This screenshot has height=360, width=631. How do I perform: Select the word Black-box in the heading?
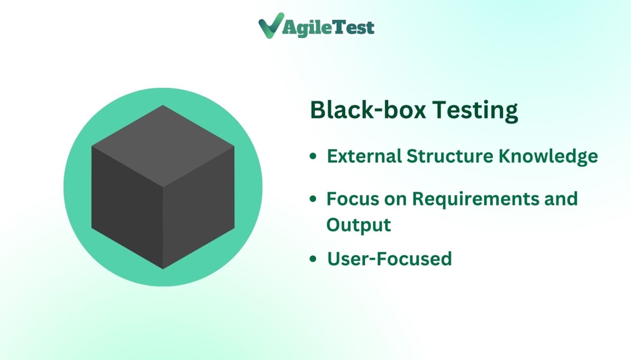(x=368, y=110)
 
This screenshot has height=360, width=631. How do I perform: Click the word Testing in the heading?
(x=475, y=112)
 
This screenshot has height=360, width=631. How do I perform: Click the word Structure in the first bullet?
(x=450, y=156)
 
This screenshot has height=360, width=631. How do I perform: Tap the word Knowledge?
(x=548, y=157)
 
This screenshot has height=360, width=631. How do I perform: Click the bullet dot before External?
(x=313, y=156)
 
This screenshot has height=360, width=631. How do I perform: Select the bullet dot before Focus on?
(x=313, y=199)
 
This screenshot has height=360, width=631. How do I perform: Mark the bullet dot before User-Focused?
(x=313, y=259)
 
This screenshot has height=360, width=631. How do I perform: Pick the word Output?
(x=359, y=225)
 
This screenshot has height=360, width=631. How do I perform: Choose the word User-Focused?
(x=389, y=259)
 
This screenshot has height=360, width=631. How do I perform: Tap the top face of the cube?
(x=163, y=146)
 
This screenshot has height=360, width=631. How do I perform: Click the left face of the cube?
(x=127, y=207)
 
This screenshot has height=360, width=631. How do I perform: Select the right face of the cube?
(x=198, y=207)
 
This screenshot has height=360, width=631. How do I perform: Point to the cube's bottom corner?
(x=163, y=269)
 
